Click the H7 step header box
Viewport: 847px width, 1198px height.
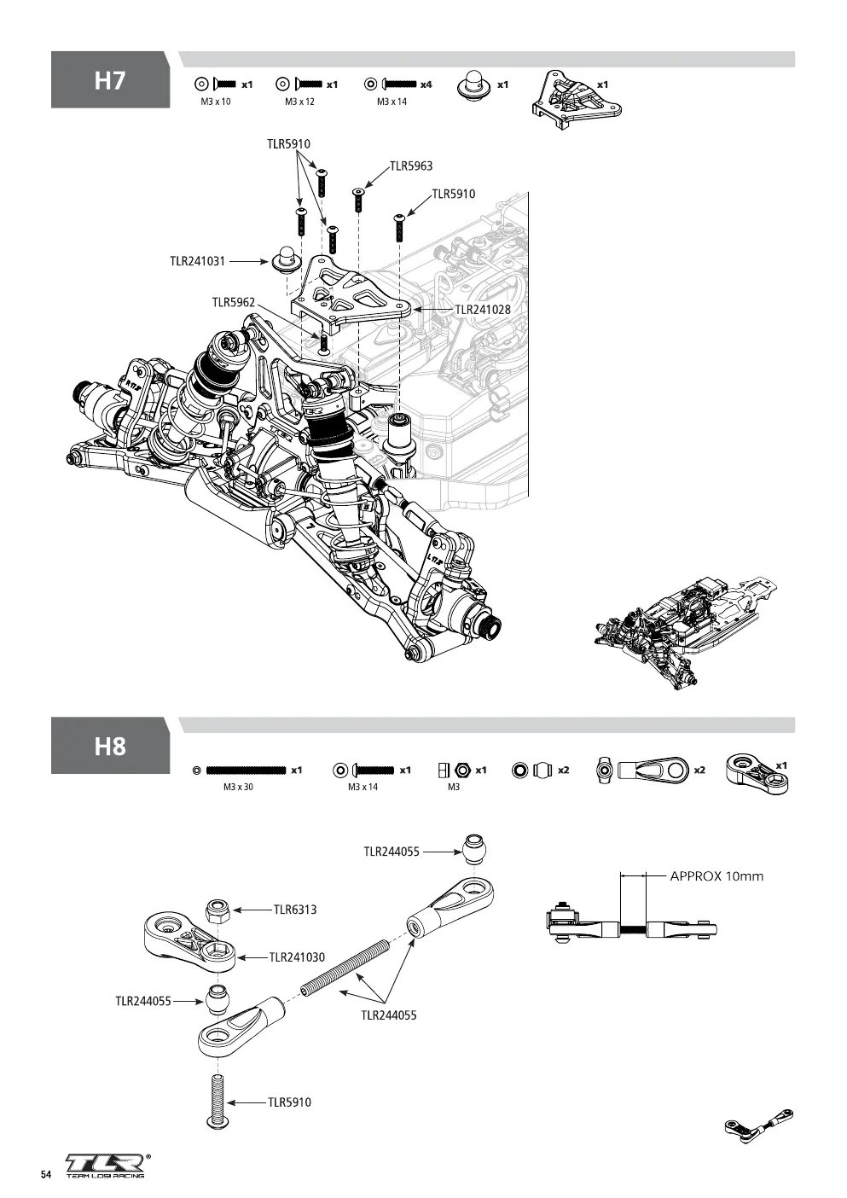pos(110,79)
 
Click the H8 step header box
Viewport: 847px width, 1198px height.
pos(110,746)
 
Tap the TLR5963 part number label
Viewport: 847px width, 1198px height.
pos(410,166)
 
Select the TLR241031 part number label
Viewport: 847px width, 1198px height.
pos(197,261)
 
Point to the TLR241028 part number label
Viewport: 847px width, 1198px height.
pos(483,310)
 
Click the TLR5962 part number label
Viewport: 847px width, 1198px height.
pos(234,303)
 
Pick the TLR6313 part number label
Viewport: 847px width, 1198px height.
pos(295,910)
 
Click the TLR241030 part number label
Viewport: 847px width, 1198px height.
pos(297,957)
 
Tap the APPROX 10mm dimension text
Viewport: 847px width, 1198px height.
pos(716,876)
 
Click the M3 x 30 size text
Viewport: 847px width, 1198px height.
pos(238,787)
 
